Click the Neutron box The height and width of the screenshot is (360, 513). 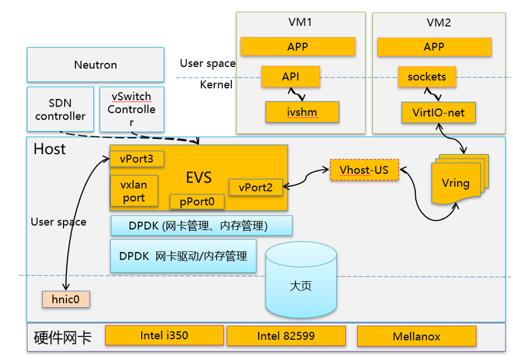click(95, 65)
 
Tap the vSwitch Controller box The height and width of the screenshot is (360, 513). click(131, 109)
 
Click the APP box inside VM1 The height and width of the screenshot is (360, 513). click(298, 47)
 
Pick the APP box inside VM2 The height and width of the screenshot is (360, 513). click(434, 47)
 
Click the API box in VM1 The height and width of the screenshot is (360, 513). click(291, 77)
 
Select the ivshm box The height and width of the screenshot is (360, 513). click(302, 111)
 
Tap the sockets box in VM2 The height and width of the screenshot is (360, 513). click(427, 77)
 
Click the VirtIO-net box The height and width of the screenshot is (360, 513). click(438, 112)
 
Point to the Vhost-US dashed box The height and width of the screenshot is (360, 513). click(364, 170)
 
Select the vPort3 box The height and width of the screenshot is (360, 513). click(137, 159)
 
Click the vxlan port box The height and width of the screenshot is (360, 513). click(134, 191)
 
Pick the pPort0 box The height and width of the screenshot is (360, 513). click(197, 202)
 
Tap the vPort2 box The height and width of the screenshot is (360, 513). click(256, 187)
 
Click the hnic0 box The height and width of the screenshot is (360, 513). click(66, 299)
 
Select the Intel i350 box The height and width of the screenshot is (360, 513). click(164, 336)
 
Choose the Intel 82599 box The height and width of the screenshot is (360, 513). click(285, 336)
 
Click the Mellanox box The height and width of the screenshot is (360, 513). click(416, 336)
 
